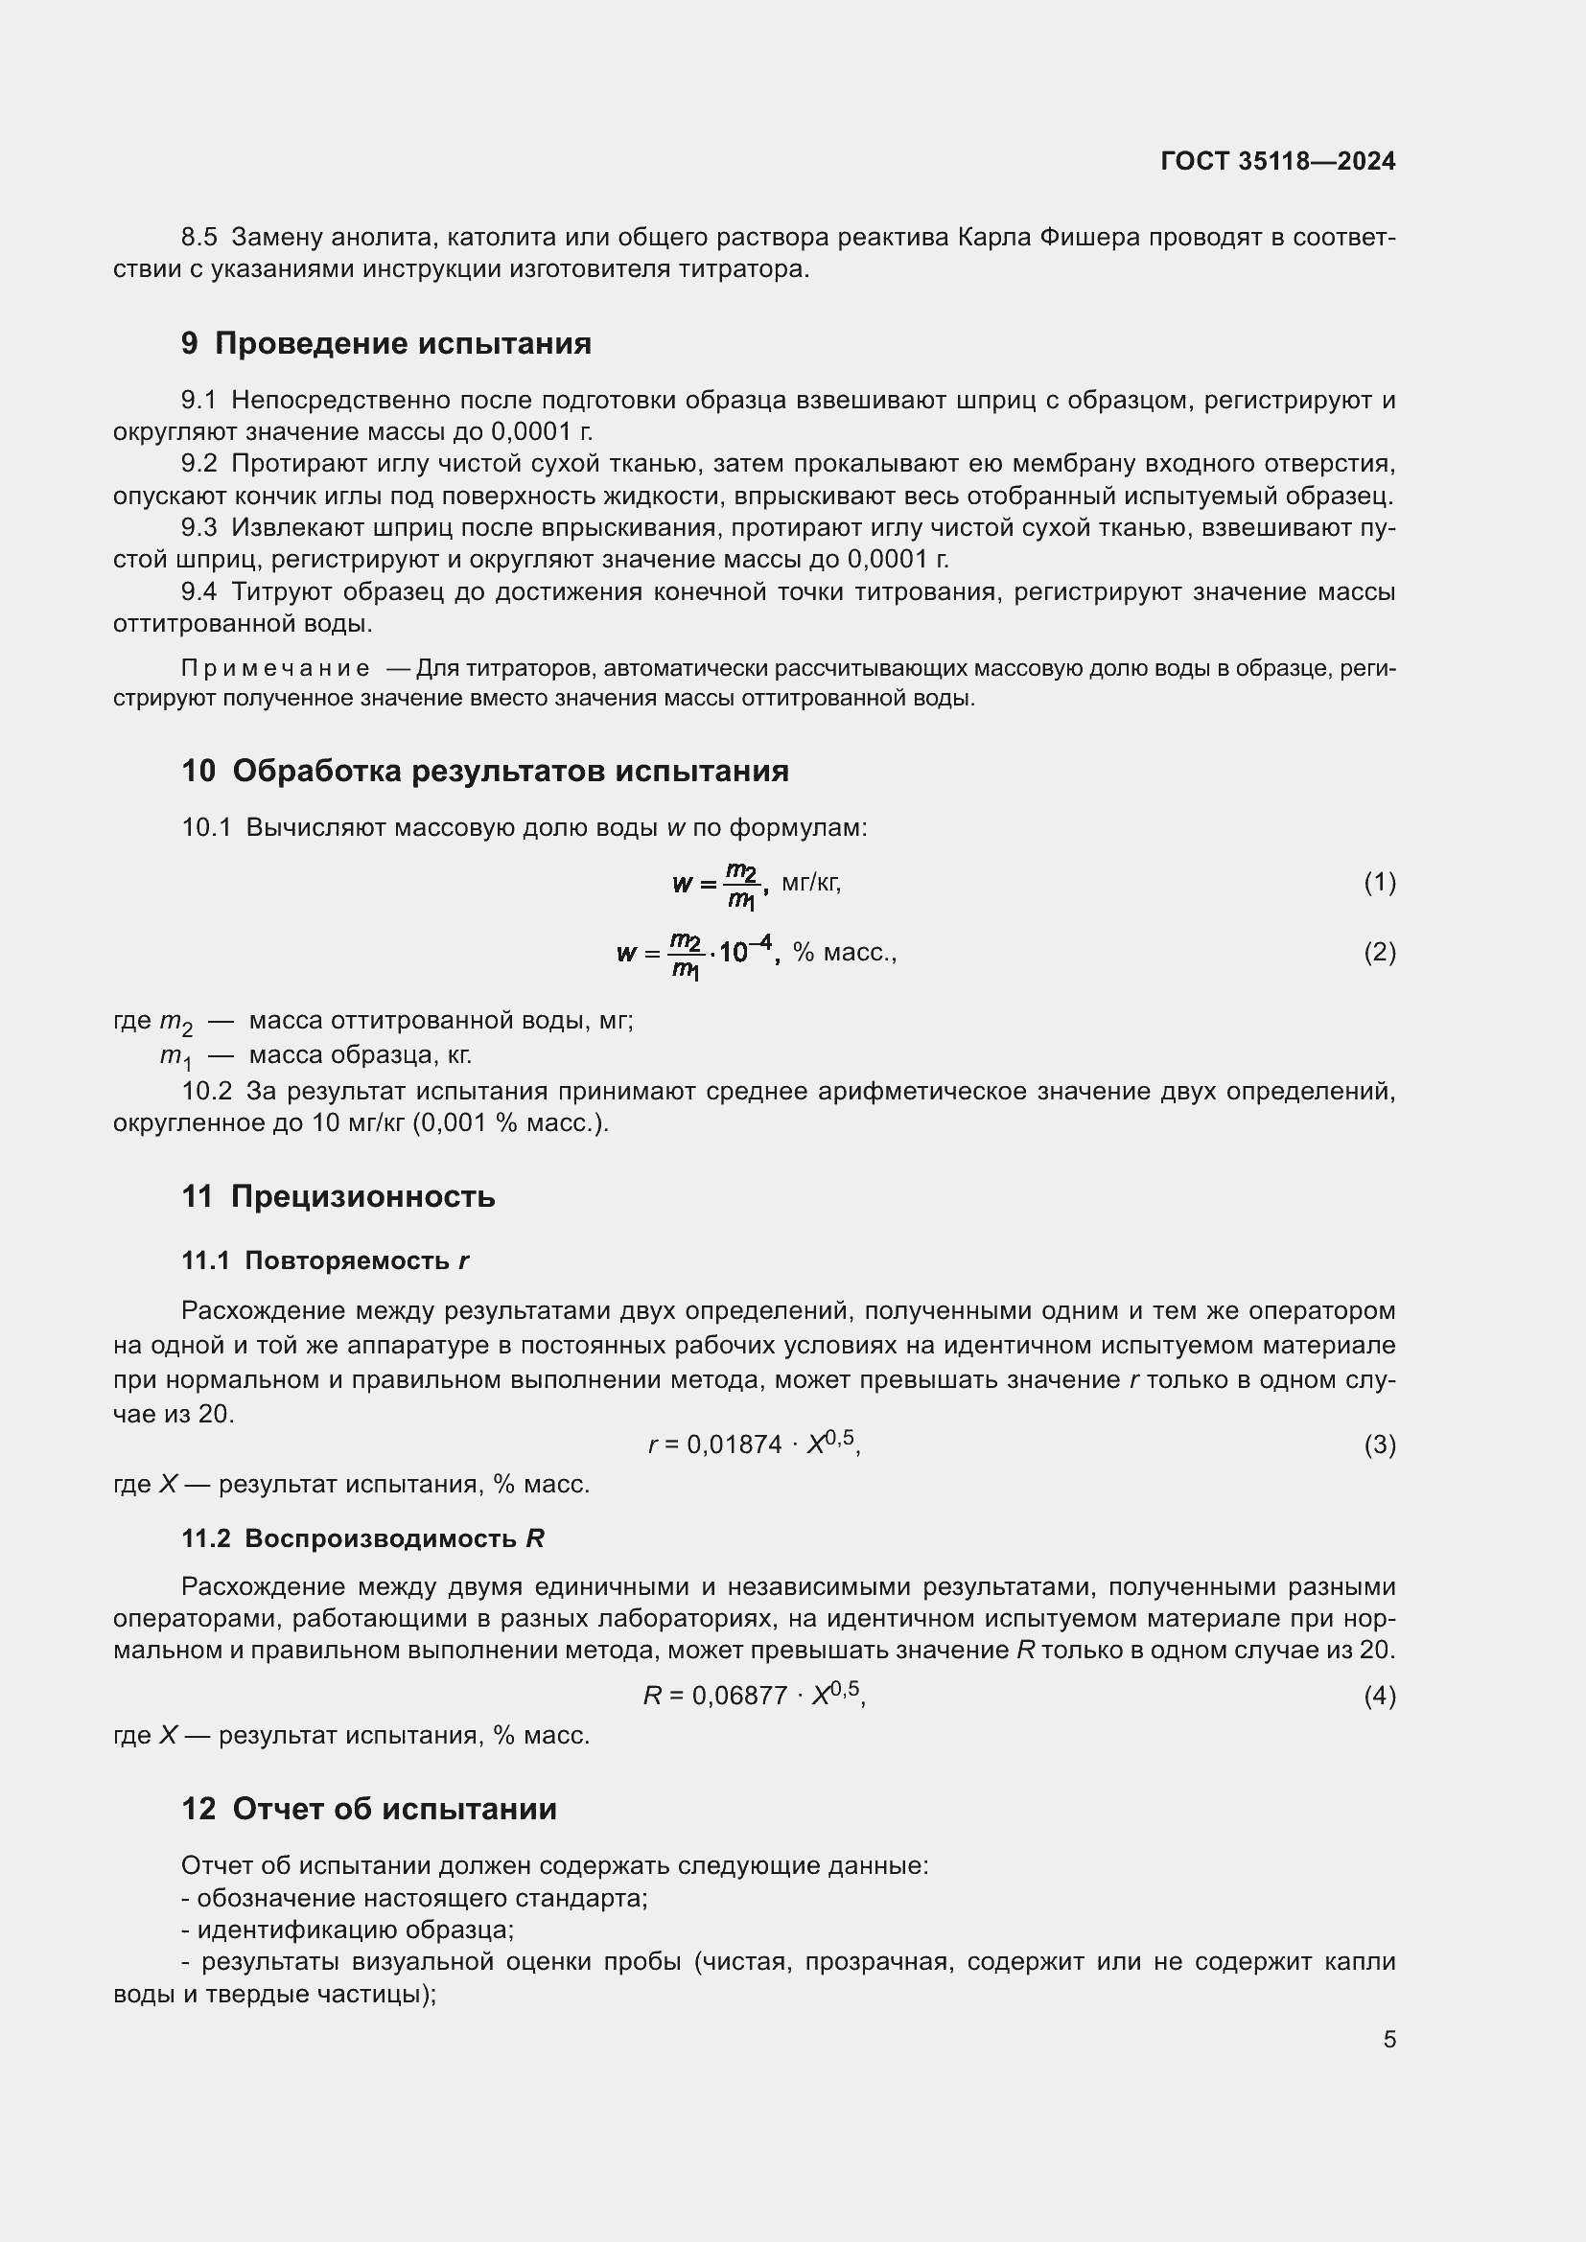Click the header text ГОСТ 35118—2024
[1277, 161]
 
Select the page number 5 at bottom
[1388, 2039]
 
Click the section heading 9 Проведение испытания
[385, 344]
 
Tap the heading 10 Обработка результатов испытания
[484, 771]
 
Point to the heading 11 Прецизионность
[338, 1196]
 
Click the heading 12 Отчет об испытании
[369, 1809]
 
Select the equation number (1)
[1379, 883]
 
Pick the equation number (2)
[1379, 952]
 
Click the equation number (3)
[1379, 1445]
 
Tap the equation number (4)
[1379, 1696]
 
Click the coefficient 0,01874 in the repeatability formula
[735, 1445]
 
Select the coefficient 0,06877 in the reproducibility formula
[739, 1697]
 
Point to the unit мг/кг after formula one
[810, 883]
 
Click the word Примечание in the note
[275, 668]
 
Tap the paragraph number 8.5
[199, 238]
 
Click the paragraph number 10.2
[206, 1091]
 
